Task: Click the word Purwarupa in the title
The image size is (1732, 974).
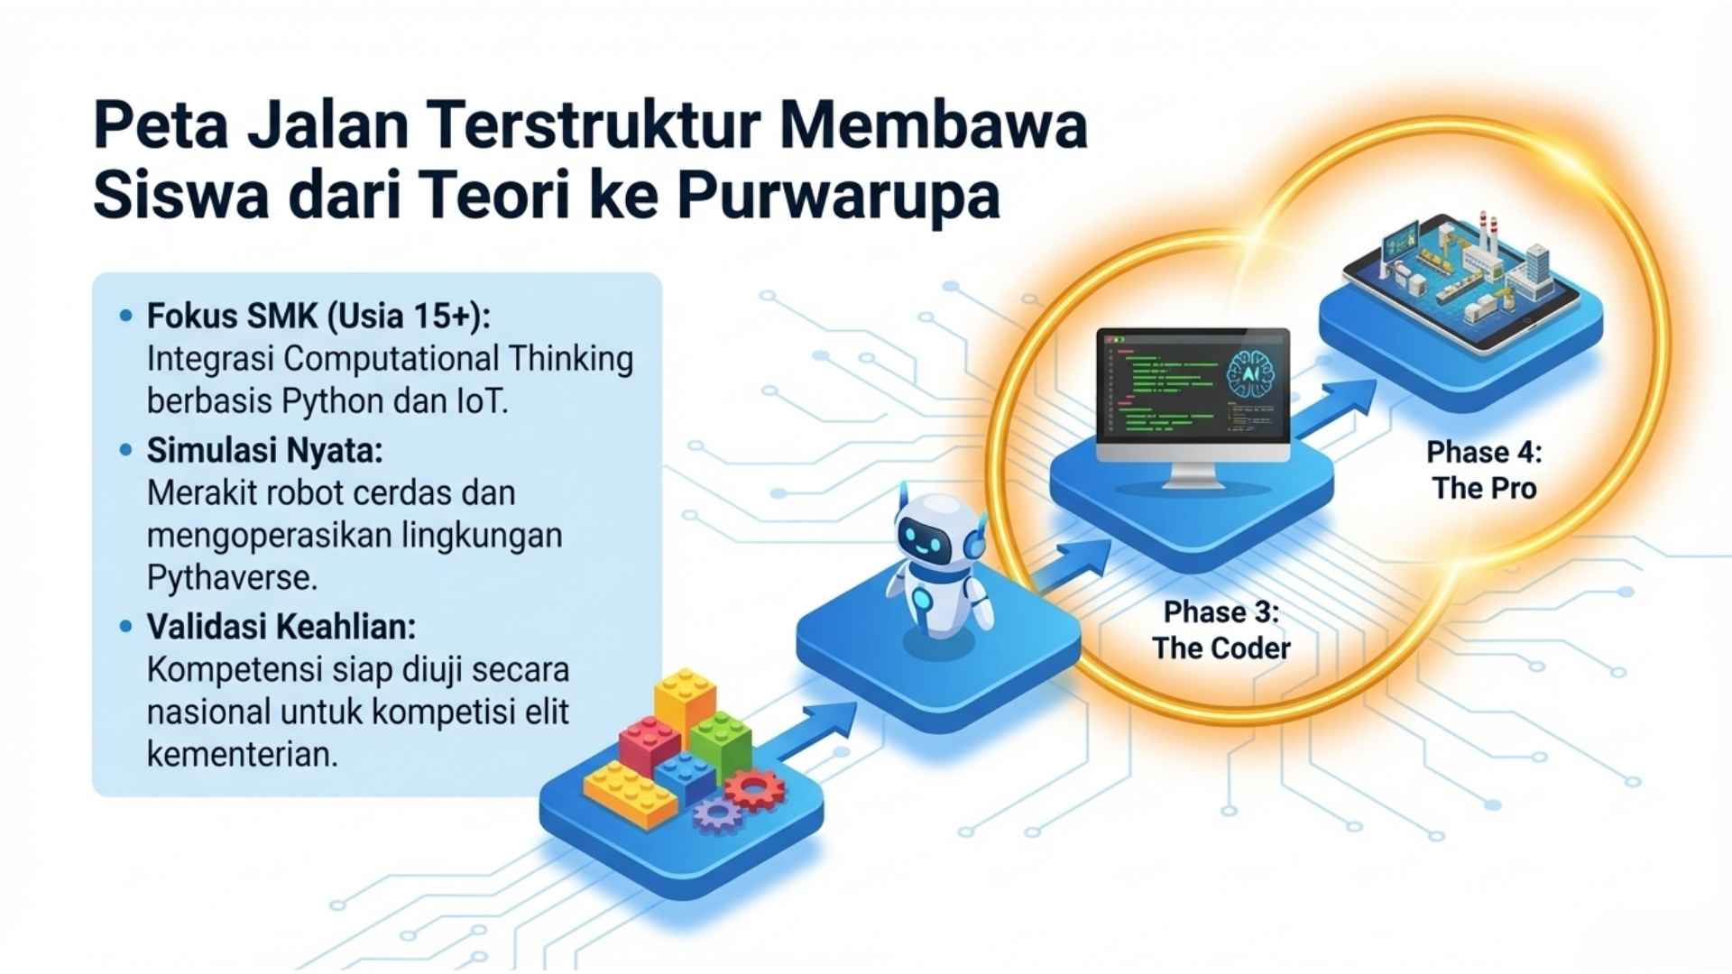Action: [838, 197]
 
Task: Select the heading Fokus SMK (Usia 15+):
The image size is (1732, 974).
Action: [318, 317]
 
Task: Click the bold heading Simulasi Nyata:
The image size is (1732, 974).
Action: [264, 450]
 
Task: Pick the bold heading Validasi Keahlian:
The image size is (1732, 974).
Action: [281, 627]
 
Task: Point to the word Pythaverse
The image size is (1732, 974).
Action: [232, 578]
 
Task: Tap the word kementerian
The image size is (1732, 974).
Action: [242, 755]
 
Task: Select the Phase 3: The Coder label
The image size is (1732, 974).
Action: [1221, 629]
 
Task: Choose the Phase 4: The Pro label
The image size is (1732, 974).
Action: [1484, 470]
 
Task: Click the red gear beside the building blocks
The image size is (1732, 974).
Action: [754, 790]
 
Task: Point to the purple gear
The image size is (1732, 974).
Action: [717, 814]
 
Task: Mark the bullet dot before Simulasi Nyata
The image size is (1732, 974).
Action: [125, 450]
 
